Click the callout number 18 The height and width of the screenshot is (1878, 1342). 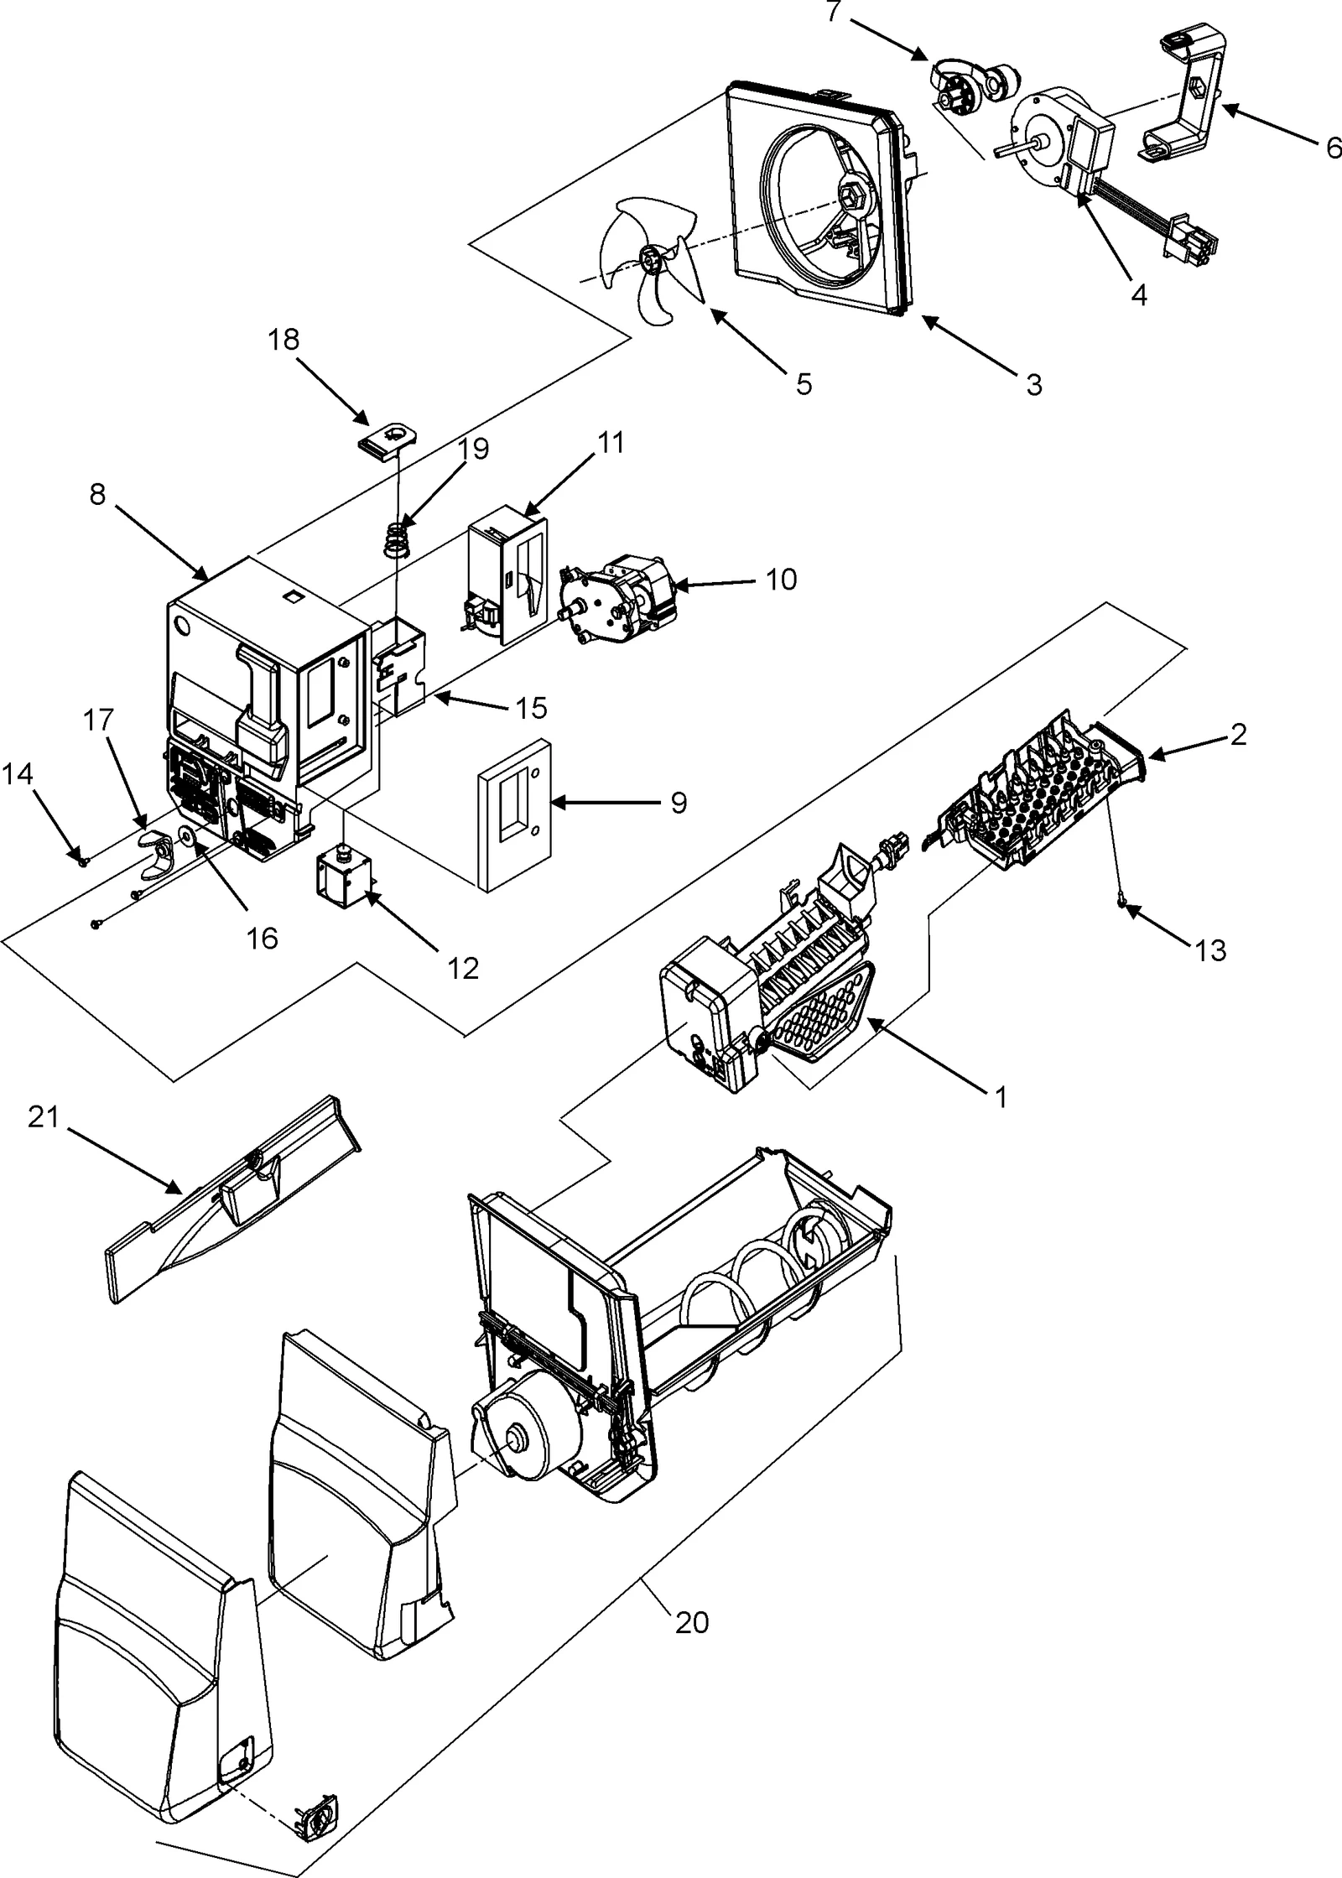284,340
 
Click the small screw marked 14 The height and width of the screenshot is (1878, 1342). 82,860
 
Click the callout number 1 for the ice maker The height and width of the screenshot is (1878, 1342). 1000,1097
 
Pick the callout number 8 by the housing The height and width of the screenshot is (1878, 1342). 98,495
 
